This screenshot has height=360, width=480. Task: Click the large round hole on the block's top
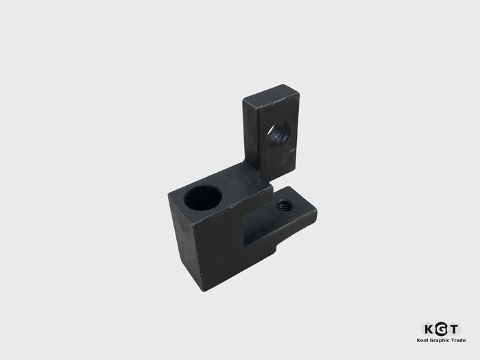click(x=203, y=197)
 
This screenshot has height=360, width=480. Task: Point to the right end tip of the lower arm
click(x=316, y=214)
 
